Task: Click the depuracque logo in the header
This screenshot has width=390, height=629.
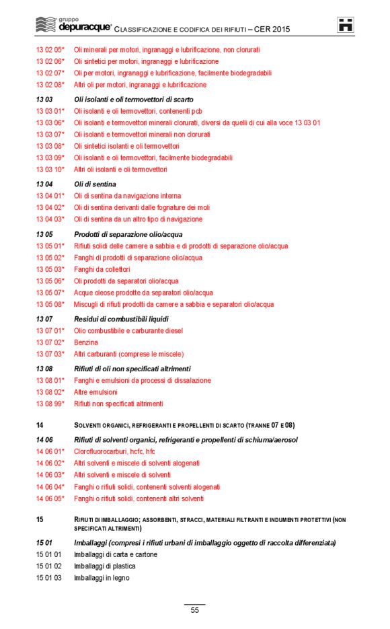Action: click(72, 26)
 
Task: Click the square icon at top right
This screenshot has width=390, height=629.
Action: click(346, 26)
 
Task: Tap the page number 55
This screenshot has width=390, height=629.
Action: click(194, 610)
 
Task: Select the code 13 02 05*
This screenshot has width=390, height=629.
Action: click(50, 50)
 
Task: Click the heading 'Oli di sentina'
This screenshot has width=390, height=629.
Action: click(95, 184)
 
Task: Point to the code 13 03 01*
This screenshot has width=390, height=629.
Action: click(50, 111)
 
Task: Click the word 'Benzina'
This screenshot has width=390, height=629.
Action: click(85, 342)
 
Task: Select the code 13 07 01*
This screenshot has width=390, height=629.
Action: click(50, 331)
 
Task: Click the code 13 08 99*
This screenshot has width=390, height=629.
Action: click(50, 404)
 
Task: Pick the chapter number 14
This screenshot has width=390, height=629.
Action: click(40, 425)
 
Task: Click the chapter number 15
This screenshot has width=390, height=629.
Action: click(40, 519)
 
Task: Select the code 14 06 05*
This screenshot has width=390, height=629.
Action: click(50, 498)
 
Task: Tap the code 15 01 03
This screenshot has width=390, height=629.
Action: click(48, 578)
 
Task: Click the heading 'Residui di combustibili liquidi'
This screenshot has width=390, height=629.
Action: click(121, 319)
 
